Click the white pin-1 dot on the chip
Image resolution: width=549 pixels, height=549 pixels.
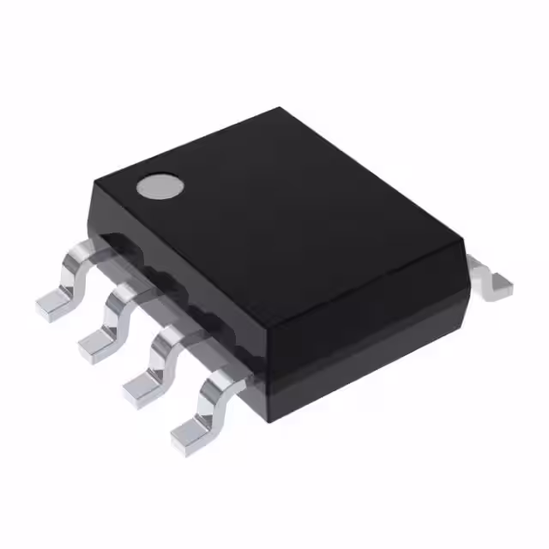click(x=160, y=187)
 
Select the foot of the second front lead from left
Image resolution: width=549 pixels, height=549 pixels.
click(x=96, y=345)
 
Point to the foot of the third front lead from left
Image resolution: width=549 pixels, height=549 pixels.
click(x=142, y=390)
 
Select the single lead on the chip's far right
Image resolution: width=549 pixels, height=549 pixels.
click(x=491, y=279)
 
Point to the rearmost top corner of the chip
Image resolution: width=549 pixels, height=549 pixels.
click(x=280, y=109)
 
